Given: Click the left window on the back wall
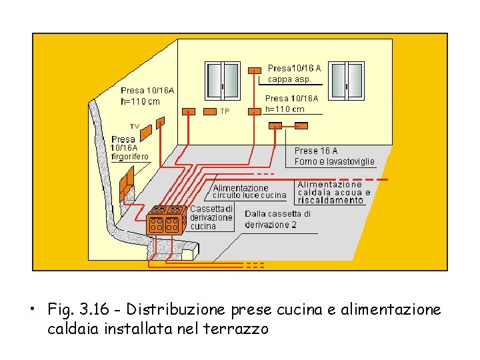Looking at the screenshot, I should (x=222, y=81).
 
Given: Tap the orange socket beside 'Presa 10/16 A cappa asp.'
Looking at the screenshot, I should (x=255, y=69).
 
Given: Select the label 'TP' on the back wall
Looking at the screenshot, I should (x=225, y=111).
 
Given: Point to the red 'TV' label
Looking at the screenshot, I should (x=134, y=126).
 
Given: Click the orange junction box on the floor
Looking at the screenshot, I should (x=166, y=218).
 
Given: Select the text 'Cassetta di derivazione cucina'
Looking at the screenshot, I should (x=211, y=217).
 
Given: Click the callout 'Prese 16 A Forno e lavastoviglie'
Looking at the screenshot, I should (x=335, y=156).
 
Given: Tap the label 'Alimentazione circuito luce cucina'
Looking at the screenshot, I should (x=249, y=192).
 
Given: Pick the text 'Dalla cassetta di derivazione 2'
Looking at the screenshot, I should (x=277, y=219).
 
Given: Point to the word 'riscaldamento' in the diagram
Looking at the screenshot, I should (x=331, y=200).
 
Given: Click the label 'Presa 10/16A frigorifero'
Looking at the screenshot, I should (x=130, y=148).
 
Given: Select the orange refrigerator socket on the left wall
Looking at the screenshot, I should (x=127, y=179).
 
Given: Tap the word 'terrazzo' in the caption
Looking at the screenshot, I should (x=240, y=329).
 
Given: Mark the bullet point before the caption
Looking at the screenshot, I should (x=31, y=311).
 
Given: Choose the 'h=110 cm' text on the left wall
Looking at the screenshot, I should (x=141, y=102).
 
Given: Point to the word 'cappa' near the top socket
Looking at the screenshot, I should (x=279, y=79).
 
